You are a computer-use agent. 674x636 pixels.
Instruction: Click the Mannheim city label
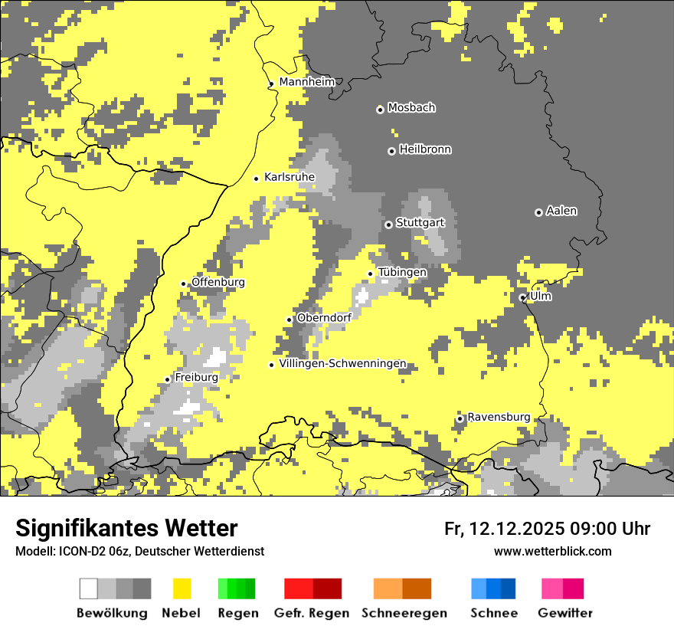click(x=306, y=82)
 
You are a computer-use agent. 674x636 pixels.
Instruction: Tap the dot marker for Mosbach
click(x=380, y=110)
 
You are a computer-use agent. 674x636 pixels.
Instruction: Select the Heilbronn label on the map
click(x=425, y=149)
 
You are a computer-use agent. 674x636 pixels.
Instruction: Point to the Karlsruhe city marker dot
click(x=257, y=179)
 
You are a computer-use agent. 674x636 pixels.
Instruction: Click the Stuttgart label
click(x=420, y=223)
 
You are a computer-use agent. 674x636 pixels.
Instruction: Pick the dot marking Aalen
click(x=538, y=212)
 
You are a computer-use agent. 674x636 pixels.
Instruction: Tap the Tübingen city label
click(x=402, y=273)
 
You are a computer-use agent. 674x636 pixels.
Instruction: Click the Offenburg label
click(x=218, y=283)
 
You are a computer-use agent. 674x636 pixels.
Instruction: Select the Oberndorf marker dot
click(x=290, y=320)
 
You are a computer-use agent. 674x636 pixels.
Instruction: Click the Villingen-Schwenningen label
click(x=342, y=364)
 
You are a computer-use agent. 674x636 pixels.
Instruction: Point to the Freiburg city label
click(x=196, y=378)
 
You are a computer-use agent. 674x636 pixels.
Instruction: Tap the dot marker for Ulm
click(x=522, y=297)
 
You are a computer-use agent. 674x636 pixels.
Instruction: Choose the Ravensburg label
click(x=499, y=418)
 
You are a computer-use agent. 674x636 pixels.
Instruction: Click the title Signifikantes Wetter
click(x=126, y=528)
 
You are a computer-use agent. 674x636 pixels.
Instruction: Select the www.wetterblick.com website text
click(x=552, y=552)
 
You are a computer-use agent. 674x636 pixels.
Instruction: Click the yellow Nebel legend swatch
click(x=182, y=588)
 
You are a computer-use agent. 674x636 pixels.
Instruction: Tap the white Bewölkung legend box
click(x=89, y=588)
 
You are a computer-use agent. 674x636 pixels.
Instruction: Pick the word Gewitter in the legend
click(x=564, y=613)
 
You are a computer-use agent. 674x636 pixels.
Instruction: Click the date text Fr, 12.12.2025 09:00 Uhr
click(x=547, y=529)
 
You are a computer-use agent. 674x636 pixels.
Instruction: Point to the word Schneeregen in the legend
click(x=404, y=613)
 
